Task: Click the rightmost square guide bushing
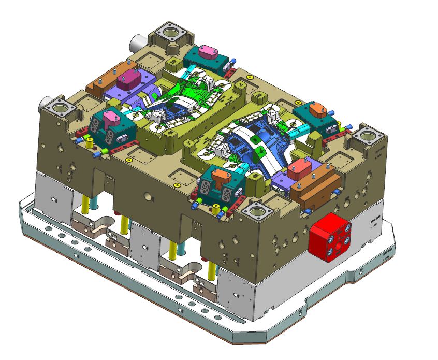click(368, 138)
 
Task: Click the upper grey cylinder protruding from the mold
click(138, 40)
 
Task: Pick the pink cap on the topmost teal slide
click(209, 52)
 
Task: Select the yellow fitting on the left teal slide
click(90, 145)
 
